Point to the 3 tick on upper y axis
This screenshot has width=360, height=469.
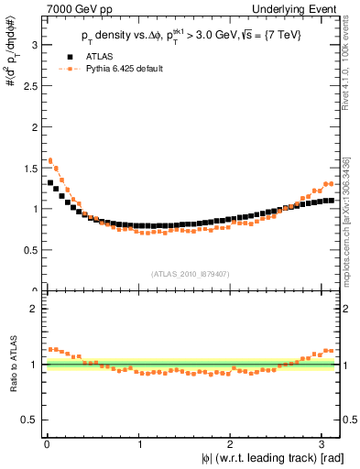pyautogui.click(x=33, y=44)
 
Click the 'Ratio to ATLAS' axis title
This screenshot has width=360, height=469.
pyautogui.click(x=12, y=364)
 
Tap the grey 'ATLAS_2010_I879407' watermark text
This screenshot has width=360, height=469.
pyautogui.click(x=190, y=273)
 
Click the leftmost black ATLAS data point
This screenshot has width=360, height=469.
pyautogui.click(x=50, y=182)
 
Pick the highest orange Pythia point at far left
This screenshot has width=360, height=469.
pyautogui.click(x=50, y=160)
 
